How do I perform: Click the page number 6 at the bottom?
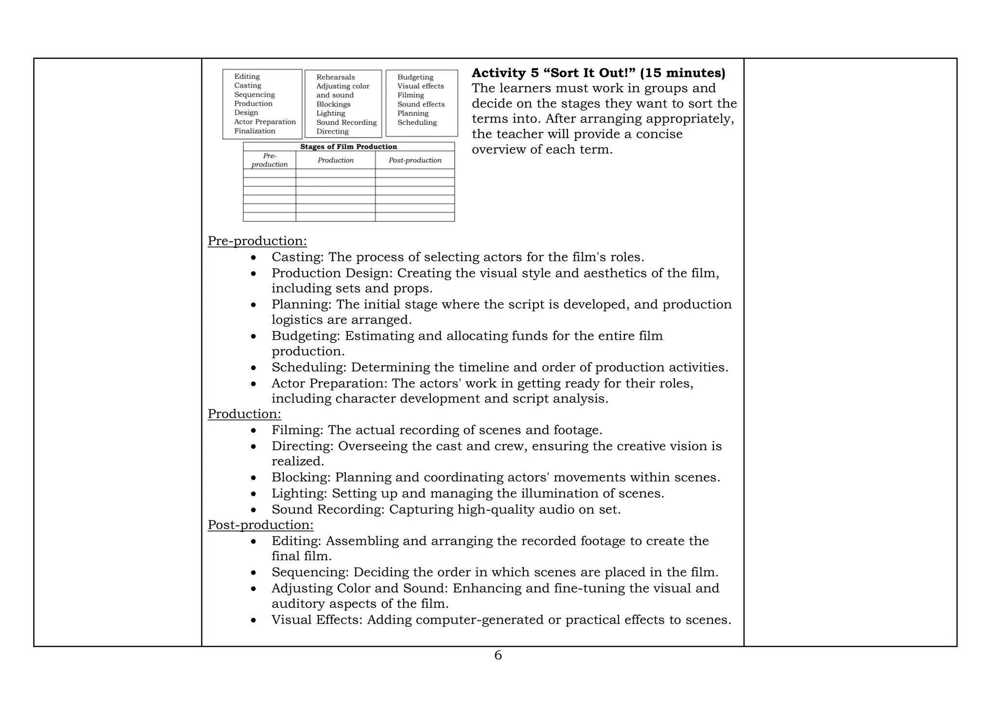(x=498, y=655)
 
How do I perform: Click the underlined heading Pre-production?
(x=257, y=241)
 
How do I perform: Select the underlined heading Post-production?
(x=260, y=525)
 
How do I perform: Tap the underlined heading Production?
(x=244, y=414)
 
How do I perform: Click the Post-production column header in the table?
(x=415, y=160)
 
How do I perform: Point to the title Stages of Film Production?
(x=348, y=147)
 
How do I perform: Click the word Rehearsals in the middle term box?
(x=336, y=77)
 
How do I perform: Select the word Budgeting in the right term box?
(x=415, y=77)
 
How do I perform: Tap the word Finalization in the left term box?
(x=254, y=131)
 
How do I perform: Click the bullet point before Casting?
(x=253, y=258)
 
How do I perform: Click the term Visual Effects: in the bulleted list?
(x=317, y=620)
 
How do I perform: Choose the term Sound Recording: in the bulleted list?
(x=328, y=510)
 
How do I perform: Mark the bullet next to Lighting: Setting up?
(x=253, y=494)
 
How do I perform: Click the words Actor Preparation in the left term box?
(x=265, y=122)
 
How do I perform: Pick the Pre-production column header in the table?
(x=269, y=160)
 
